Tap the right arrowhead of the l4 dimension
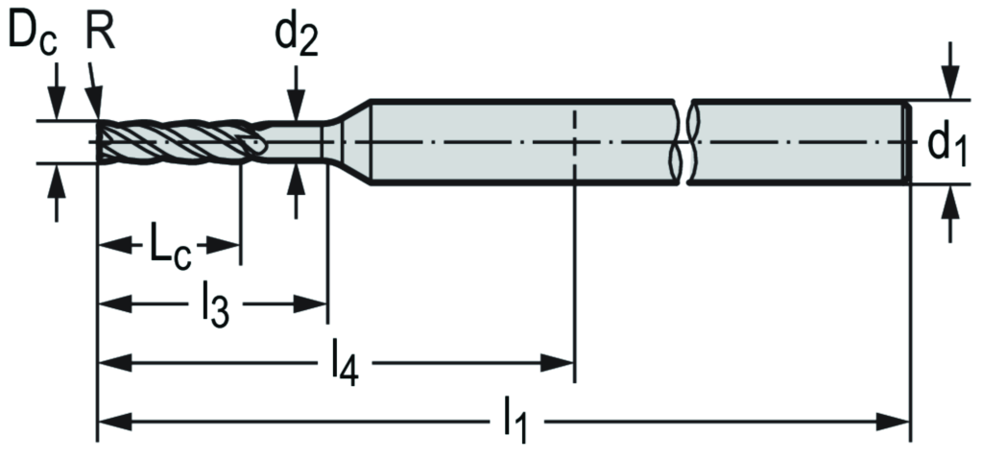click(x=563, y=363)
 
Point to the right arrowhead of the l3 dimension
click(x=316, y=305)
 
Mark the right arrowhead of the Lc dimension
click(x=228, y=247)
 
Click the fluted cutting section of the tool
click(x=178, y=142)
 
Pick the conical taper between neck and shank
click(x=351, y=141)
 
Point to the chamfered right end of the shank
click(x=904, y=141)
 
